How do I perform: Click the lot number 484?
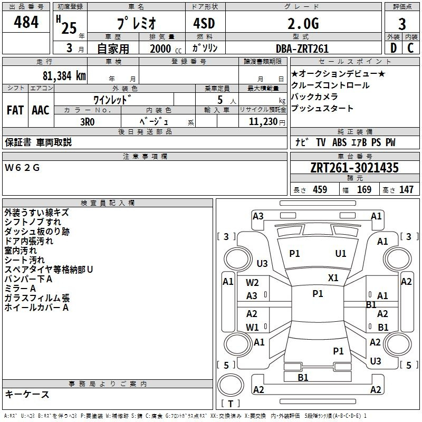pos(26,22)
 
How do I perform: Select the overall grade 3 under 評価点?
pos(402,24)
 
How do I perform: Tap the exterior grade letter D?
pos(394,48)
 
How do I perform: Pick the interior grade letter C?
pos(410,48)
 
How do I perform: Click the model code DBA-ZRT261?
pos(302,49)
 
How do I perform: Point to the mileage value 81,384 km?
pos(64,75)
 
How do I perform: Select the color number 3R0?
pos(87,122)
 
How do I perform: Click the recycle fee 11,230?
pos(263,121)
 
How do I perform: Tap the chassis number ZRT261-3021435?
pos(354,167)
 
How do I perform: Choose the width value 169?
pos(364,189)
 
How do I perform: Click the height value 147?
pos(406,189)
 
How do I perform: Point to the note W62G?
pos(22,168)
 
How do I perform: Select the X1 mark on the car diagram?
pos(333,277)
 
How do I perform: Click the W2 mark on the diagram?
pos(252,283)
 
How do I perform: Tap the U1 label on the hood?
pos(341,253)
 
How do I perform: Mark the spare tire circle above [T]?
pos(231,385)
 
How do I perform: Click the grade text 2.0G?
pos(303,23)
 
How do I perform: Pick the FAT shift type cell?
pos(15,110)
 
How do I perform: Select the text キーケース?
pos(27,394)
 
